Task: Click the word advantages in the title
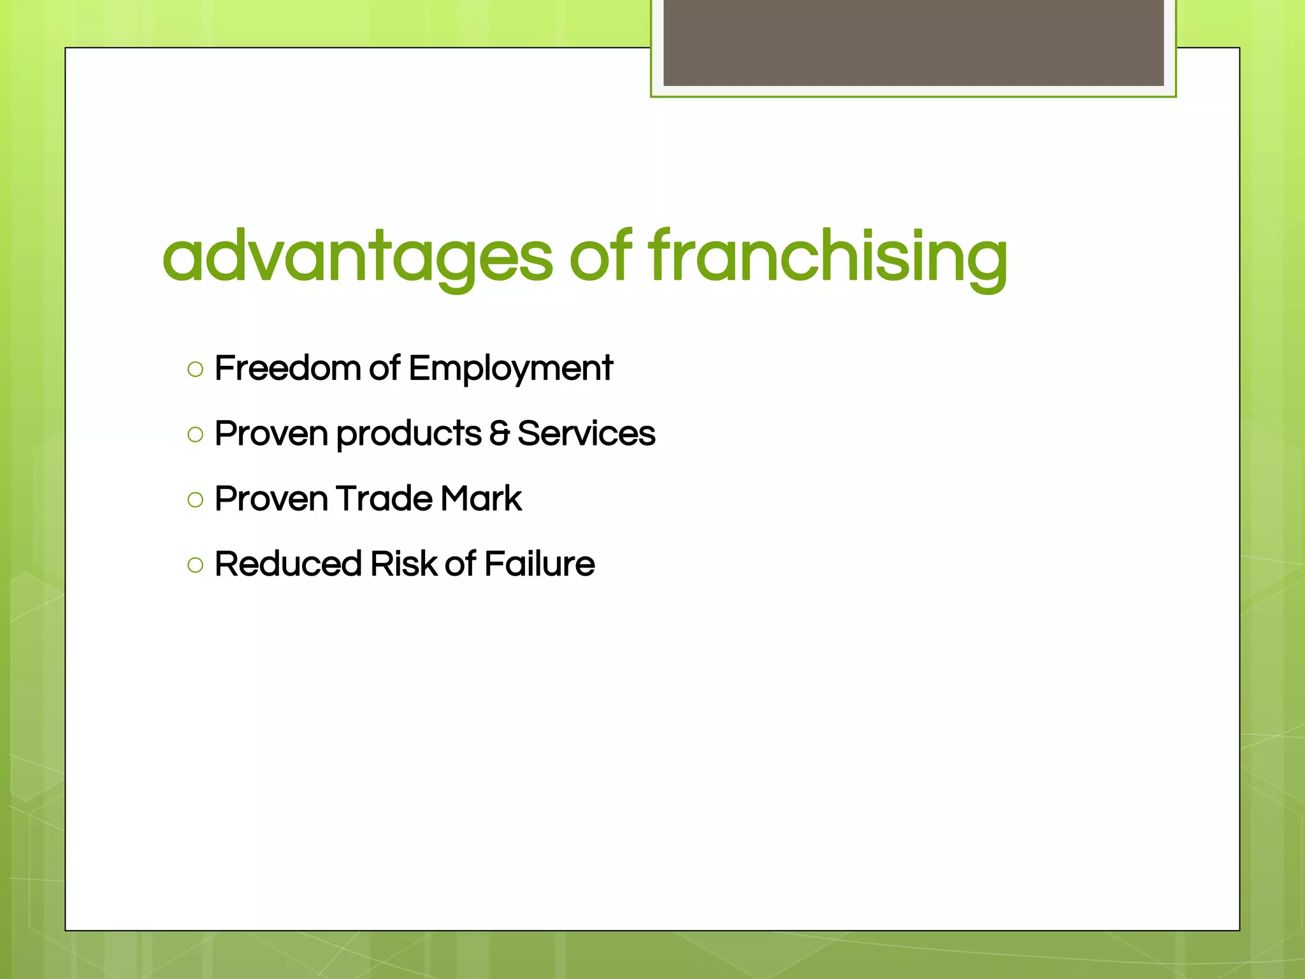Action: [x=357, y=257]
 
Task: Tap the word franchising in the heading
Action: [x=828, y=257]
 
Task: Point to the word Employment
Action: [x=510, y=370]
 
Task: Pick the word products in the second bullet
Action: [x=408, y=435]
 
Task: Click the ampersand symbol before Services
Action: [x=500, y=433]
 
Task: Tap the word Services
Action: [x=586, y=433]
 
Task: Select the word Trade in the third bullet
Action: [x=384, y=498]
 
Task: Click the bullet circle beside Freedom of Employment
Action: [x=196, y=370]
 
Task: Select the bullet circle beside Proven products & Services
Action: [x=196, y=435]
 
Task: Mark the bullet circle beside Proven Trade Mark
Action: [x=196, y=500]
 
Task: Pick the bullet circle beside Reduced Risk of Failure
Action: [x=196, y=565]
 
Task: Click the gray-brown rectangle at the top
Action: [x=913, y=42]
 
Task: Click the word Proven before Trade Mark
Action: [x=271, y=498]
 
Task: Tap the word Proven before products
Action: [x=271, y=433]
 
